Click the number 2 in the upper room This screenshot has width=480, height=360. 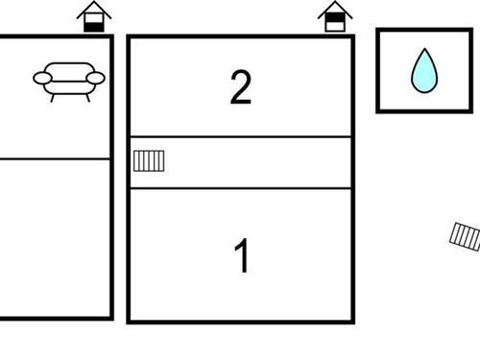pyautogui.click(x=241, y=87)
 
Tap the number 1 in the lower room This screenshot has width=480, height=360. pyautogui.click(x=243, y=256)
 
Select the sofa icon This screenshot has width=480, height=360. pyautogui.click(x=68, y=80)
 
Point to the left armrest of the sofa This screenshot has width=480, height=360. pyautogui.click(x=42, y=79)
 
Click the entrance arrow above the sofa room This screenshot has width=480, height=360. pyautogui.click(x=93, y=16)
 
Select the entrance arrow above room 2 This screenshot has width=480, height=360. pyautogui.click(x=334, y=16)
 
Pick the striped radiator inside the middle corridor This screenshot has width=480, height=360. pyautogui.click(x=149, y=160)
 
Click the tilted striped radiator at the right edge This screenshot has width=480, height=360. pyautogui.click(x=467, y=235)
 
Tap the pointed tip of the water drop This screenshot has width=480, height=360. pyautogui.click(x=423, y=51)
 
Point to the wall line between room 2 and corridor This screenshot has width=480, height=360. pyautogui.click(x=240, y=137)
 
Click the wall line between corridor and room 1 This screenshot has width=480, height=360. pyautogui.click(x=240, y=188)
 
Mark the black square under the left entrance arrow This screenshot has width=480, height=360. pyautogui.click(x=93, y=25)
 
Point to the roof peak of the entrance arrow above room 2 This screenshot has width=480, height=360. pyautogui.click(x=334, y=4)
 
